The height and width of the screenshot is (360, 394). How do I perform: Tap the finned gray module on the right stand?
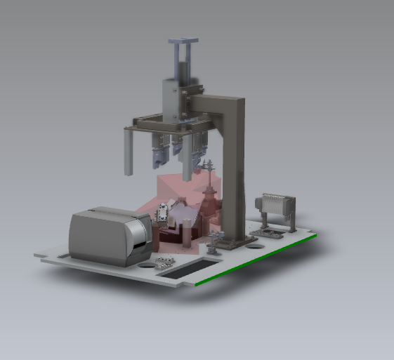point(277,208)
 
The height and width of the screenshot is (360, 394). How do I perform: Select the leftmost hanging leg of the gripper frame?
point(128,152)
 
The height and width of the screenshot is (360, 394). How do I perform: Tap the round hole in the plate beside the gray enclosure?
point(146,265)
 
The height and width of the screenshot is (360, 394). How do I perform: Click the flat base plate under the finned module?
point(274,232)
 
